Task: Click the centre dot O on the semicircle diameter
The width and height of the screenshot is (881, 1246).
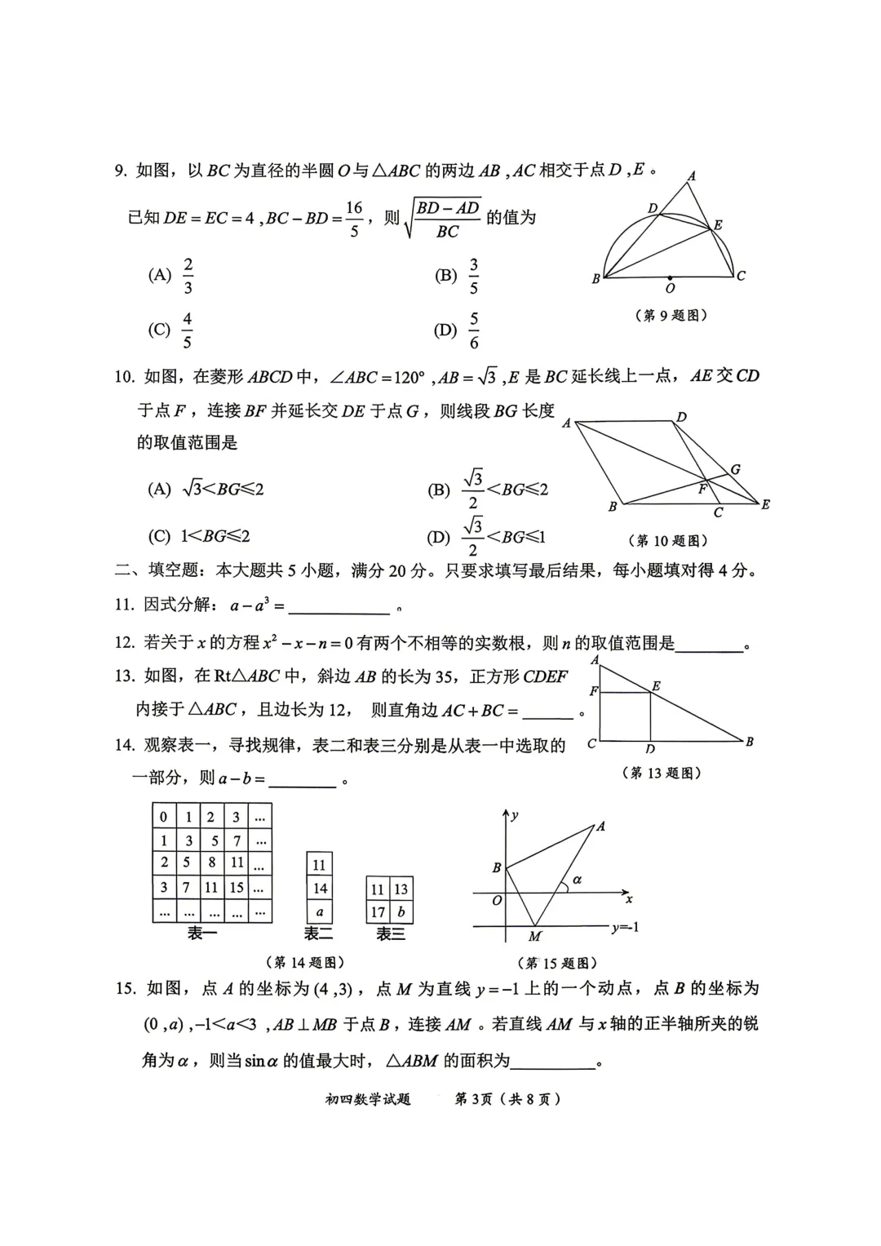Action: coord(670,277)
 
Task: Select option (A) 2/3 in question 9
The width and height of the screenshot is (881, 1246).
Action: coord(172,276)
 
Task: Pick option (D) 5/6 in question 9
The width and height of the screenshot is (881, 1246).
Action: coord(458,330)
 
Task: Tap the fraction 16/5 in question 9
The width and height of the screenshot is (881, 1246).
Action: coord(353,219)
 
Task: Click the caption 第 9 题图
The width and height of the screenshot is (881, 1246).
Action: coord(671,316)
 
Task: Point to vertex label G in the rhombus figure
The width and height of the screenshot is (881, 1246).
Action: coord(735,469)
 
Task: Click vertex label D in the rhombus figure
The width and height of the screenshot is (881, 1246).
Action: coord(682,417)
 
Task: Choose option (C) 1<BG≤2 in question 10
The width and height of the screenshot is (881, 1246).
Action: coord(198,536)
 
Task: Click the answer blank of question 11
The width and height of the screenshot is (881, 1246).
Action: coord(339,607)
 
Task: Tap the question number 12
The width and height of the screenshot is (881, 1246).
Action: coord(124,642)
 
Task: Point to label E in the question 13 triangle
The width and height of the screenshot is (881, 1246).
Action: coord(657,686)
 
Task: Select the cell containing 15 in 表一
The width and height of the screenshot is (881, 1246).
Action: coord(237,887)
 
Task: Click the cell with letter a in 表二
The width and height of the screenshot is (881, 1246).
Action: coord(319,912)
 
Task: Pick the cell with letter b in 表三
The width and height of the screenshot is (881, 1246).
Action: coord(401,912)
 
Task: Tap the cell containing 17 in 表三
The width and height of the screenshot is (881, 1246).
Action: coord(378,912)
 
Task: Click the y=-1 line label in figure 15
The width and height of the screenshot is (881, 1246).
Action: coord(625,927)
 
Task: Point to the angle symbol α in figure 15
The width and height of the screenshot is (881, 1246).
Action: coord(578,880)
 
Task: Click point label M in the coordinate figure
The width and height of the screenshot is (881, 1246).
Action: coord(535,937)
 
